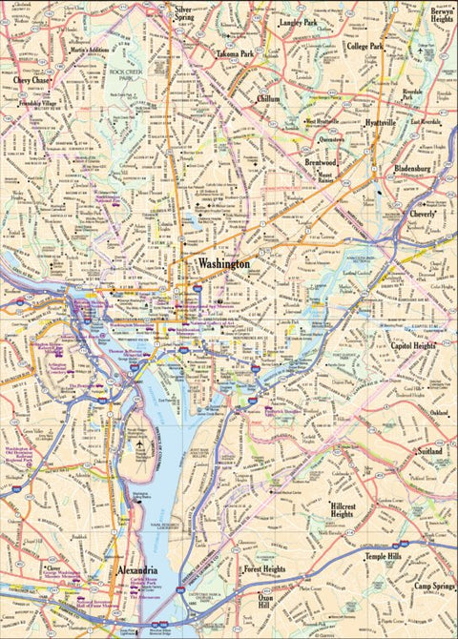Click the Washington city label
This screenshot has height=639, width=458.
[223, 263]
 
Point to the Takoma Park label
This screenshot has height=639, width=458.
[235, 54]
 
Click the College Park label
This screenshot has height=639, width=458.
[364, 46]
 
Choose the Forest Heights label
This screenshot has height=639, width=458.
[264, 569]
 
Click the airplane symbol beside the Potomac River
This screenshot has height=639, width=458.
[141, 444]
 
